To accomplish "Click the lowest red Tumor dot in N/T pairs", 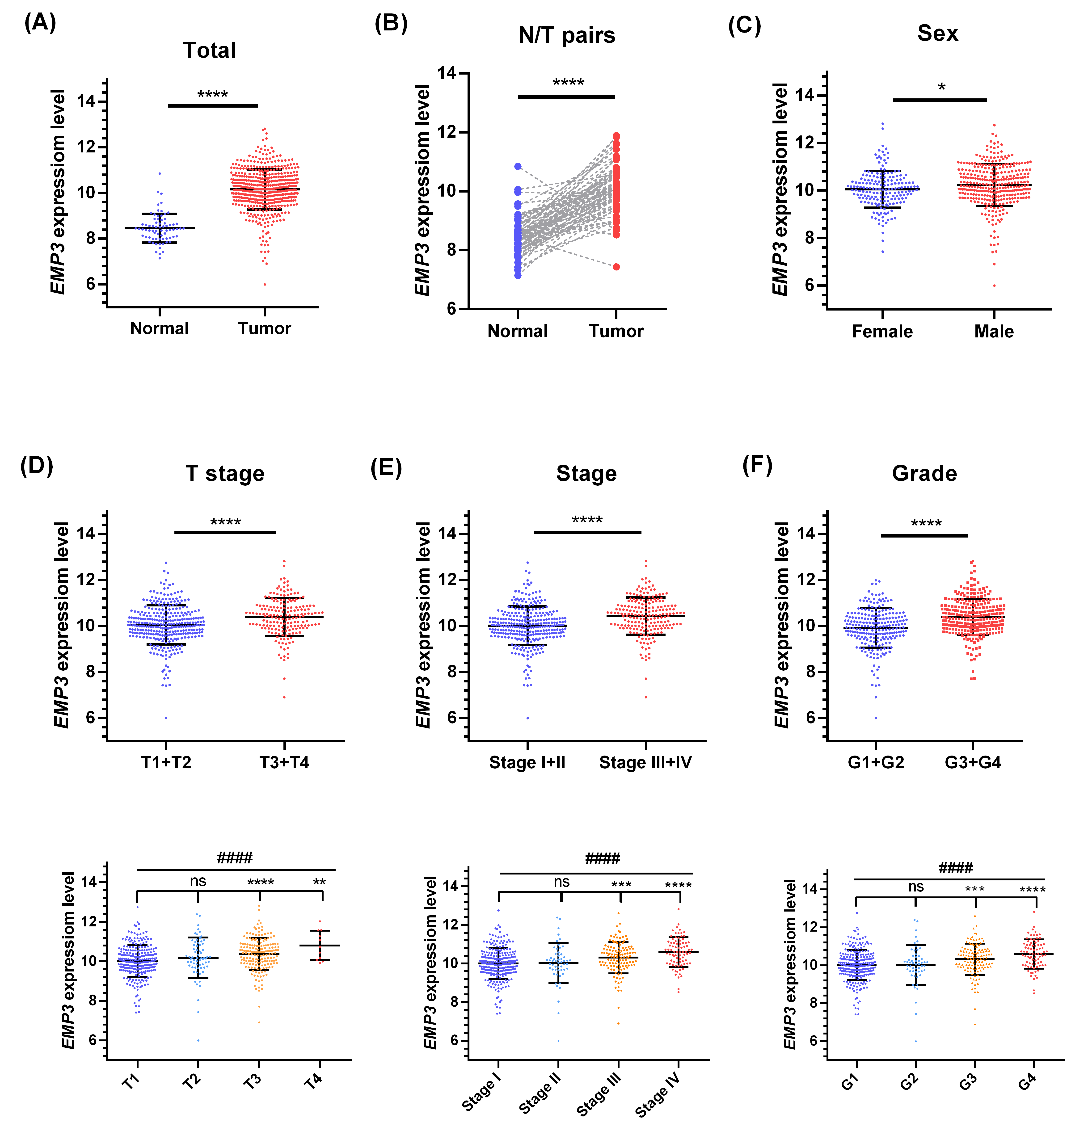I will [x=616, y=267].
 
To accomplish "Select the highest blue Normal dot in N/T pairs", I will [x=518, y=166].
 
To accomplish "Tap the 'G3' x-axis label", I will [x=968, y=1080].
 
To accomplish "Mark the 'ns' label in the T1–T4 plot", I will [x=198, y=881].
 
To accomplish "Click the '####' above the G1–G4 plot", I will [x=955, y=867].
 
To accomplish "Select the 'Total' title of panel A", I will [x=210, y=50].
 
